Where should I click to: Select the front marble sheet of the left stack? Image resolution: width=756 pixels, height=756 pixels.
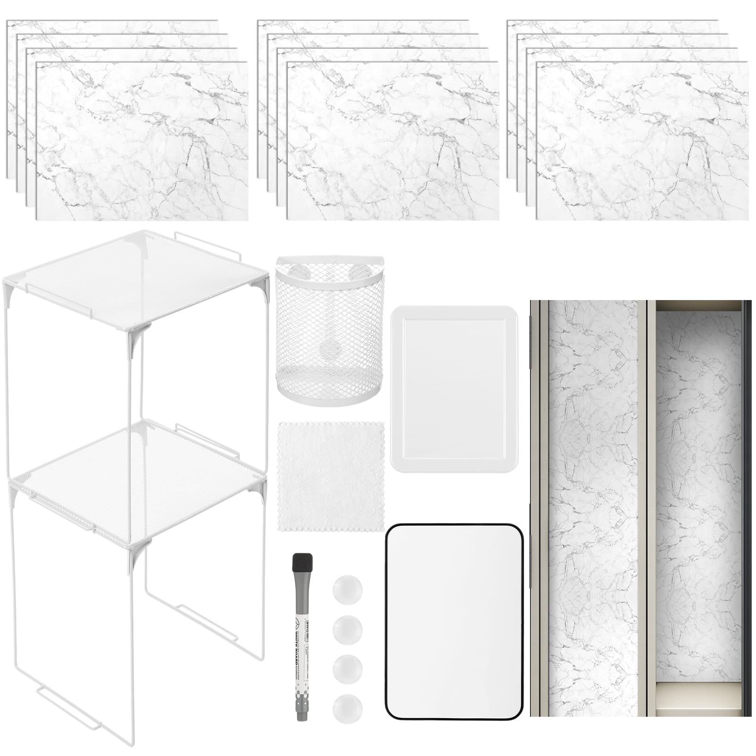(142, 142)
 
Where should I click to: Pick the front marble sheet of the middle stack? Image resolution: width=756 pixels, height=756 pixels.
(392, 142)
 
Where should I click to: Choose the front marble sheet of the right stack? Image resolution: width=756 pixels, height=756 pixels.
(643, 142)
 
